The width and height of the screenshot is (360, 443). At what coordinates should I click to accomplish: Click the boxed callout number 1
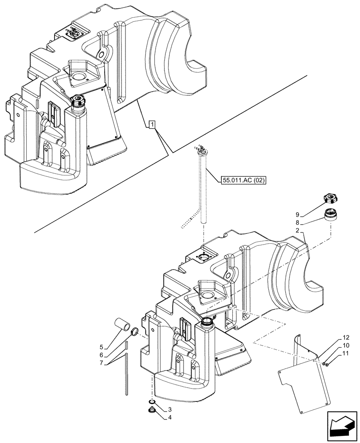[x=152, y=125]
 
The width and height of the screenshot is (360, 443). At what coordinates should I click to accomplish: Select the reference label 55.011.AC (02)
[x=242, y=180]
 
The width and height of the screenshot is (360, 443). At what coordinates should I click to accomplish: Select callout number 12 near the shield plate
[x=345, y=338]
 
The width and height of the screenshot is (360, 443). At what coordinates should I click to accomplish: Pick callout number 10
[x=345, y=346]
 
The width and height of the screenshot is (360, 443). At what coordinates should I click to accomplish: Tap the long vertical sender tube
[x=203, y=190]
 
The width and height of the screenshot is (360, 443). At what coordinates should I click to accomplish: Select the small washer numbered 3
[x=152, y=403]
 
